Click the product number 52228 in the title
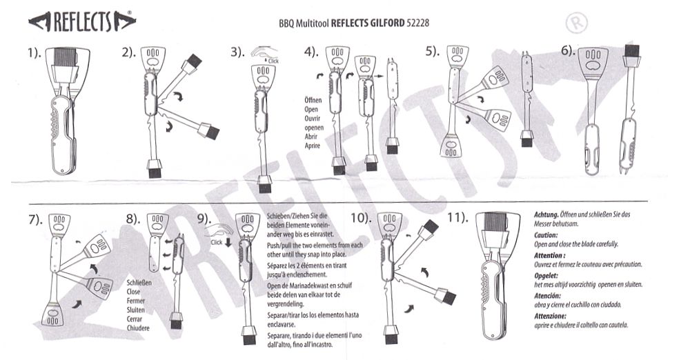point(420,22)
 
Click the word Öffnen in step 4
point(313,100)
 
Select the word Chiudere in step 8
point(139,328)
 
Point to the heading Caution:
point(546,234)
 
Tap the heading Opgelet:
point(548,274)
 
